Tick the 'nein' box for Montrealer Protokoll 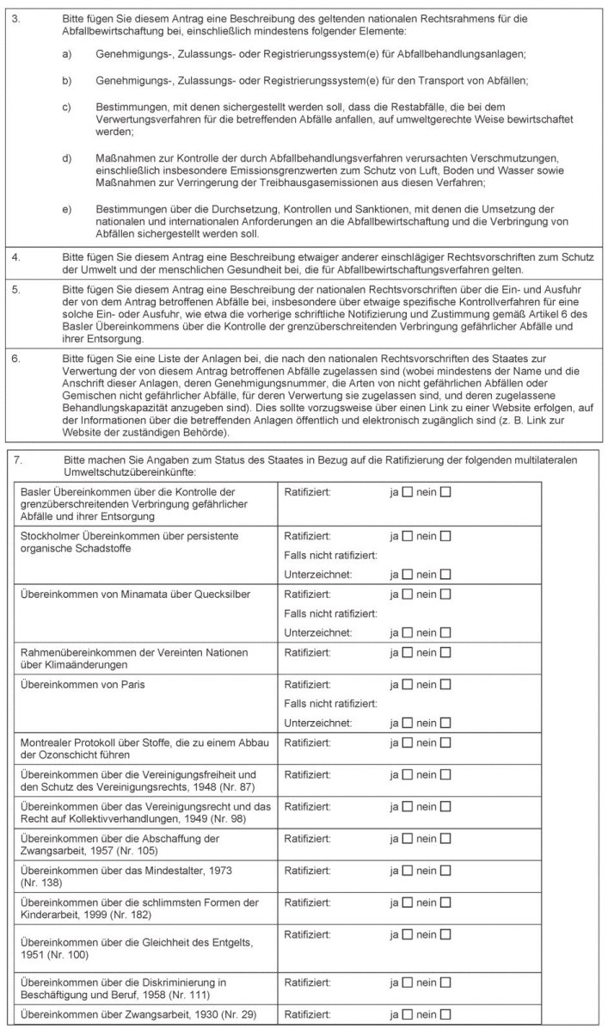(x=445, y=741)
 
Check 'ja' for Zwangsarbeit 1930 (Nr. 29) (x=408, y=1014)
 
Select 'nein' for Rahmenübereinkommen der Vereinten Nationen (x=445, y=654)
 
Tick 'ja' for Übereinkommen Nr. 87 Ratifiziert (x=408, y=775)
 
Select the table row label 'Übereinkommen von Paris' (x=77, y=685)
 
